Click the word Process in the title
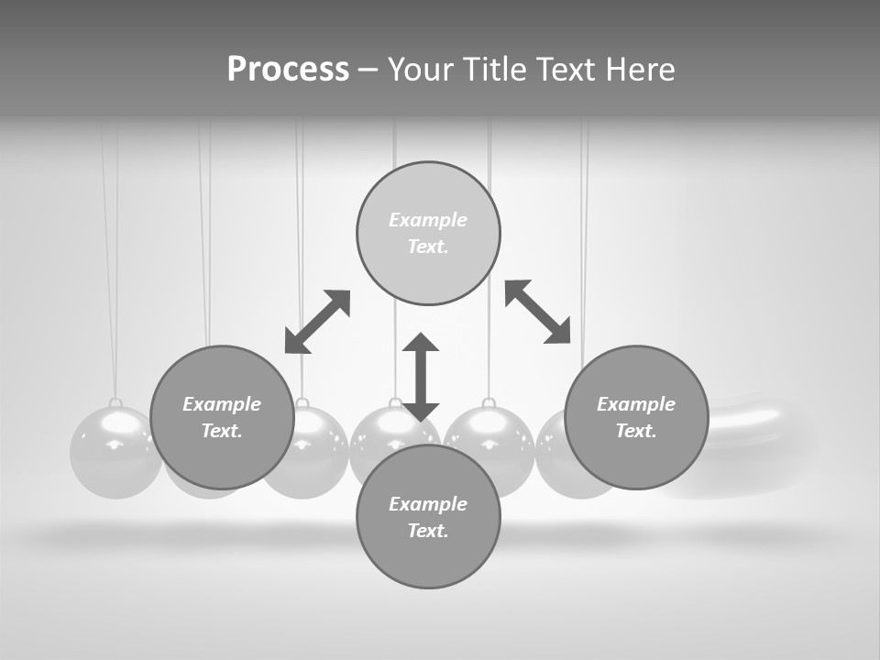288,70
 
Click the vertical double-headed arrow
421,377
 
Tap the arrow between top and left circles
317,321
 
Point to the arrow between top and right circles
538,312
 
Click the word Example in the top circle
428,220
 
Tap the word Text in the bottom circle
428,531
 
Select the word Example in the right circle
636,404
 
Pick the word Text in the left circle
222,431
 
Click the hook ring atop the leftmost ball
115,403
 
